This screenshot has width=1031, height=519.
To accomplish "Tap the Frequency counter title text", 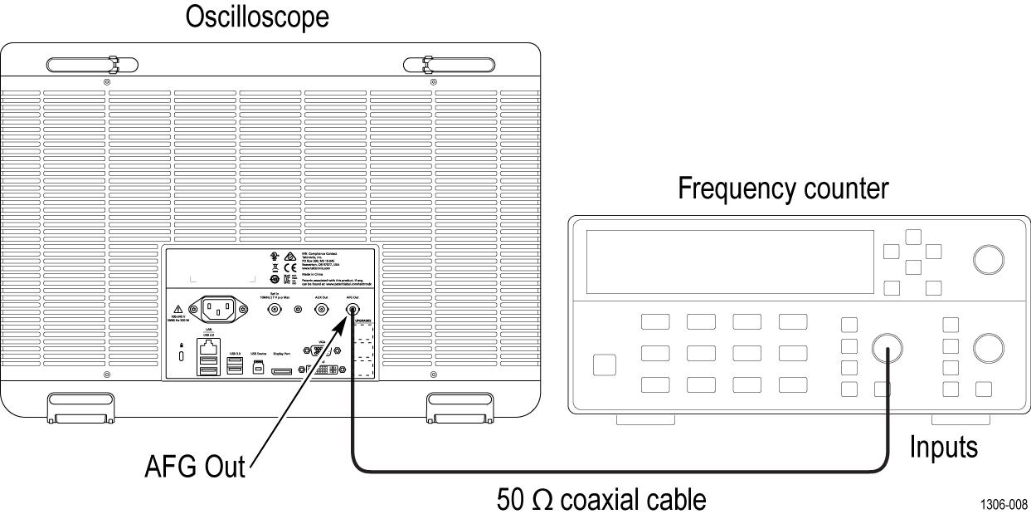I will [x=783, y=190].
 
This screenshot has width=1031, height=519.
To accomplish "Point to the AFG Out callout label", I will [x=195, y=467].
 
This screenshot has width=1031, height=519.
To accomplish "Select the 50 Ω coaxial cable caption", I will [x=601, y=500].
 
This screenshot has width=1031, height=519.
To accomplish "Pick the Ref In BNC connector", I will [x=273, y=310].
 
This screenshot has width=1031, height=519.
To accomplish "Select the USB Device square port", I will [x=257, y=365].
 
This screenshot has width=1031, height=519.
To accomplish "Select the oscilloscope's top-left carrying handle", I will [x=91, y=63].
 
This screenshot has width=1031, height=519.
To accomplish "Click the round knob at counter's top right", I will [x=987, y=259].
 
